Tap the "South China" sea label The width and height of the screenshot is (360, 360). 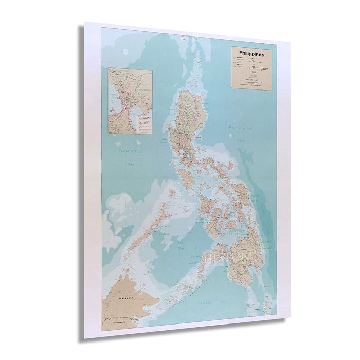pyautogui.click(x=130, y=151)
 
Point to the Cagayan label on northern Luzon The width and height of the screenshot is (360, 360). pyautogui.click(x=197, y=137)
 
